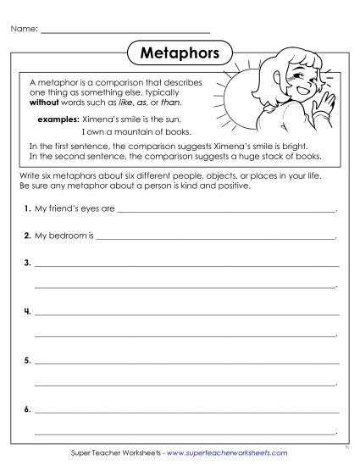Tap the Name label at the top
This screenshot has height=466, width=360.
click(24, 31)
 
